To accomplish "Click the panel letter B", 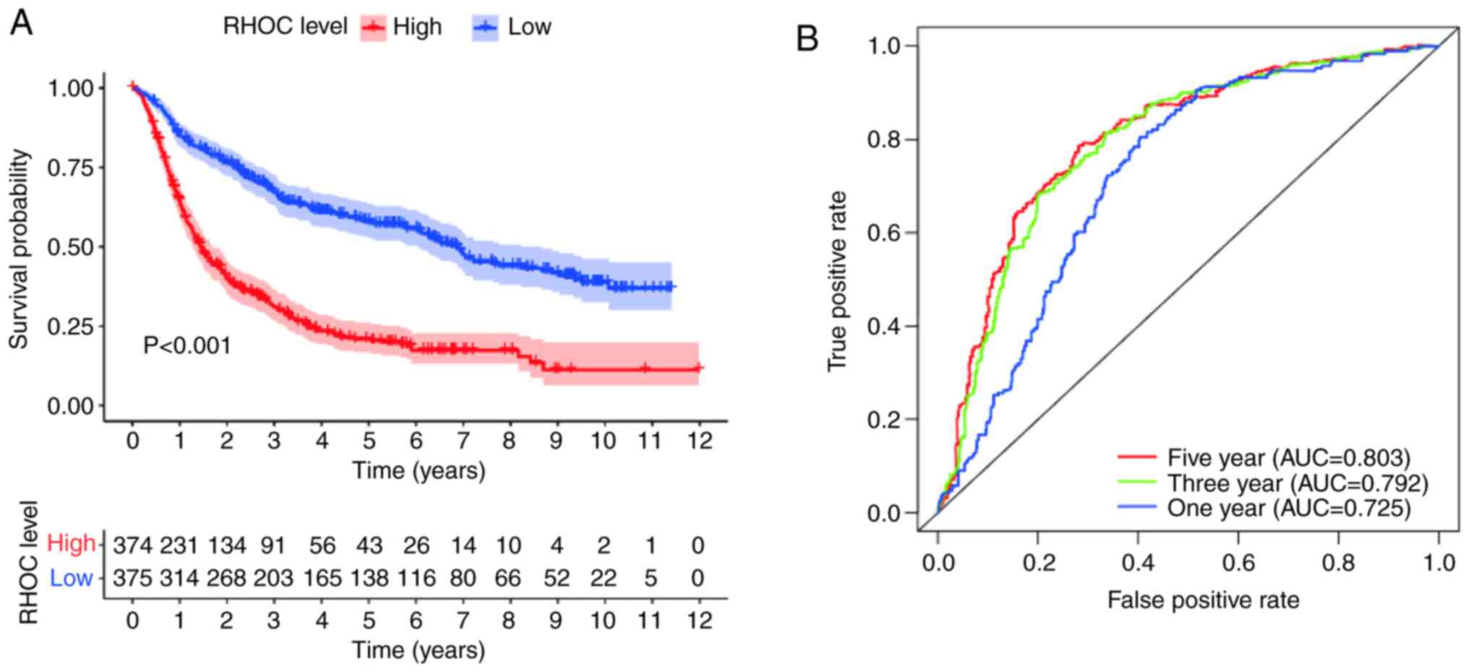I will coord(807,38).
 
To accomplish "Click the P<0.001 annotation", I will coord(187,346).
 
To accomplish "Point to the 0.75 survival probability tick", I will coord(70,168).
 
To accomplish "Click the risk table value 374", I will coord(132,546).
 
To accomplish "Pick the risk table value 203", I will coord(273,578).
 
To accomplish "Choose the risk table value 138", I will coord(369,578).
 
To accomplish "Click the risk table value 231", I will coord(179,546).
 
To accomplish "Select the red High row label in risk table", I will coord(71,543).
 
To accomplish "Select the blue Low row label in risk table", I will coord(71,578).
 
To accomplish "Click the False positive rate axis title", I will coord(1203,600).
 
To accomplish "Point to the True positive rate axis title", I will coord(837,282).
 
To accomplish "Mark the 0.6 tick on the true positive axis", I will coord(883,233).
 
